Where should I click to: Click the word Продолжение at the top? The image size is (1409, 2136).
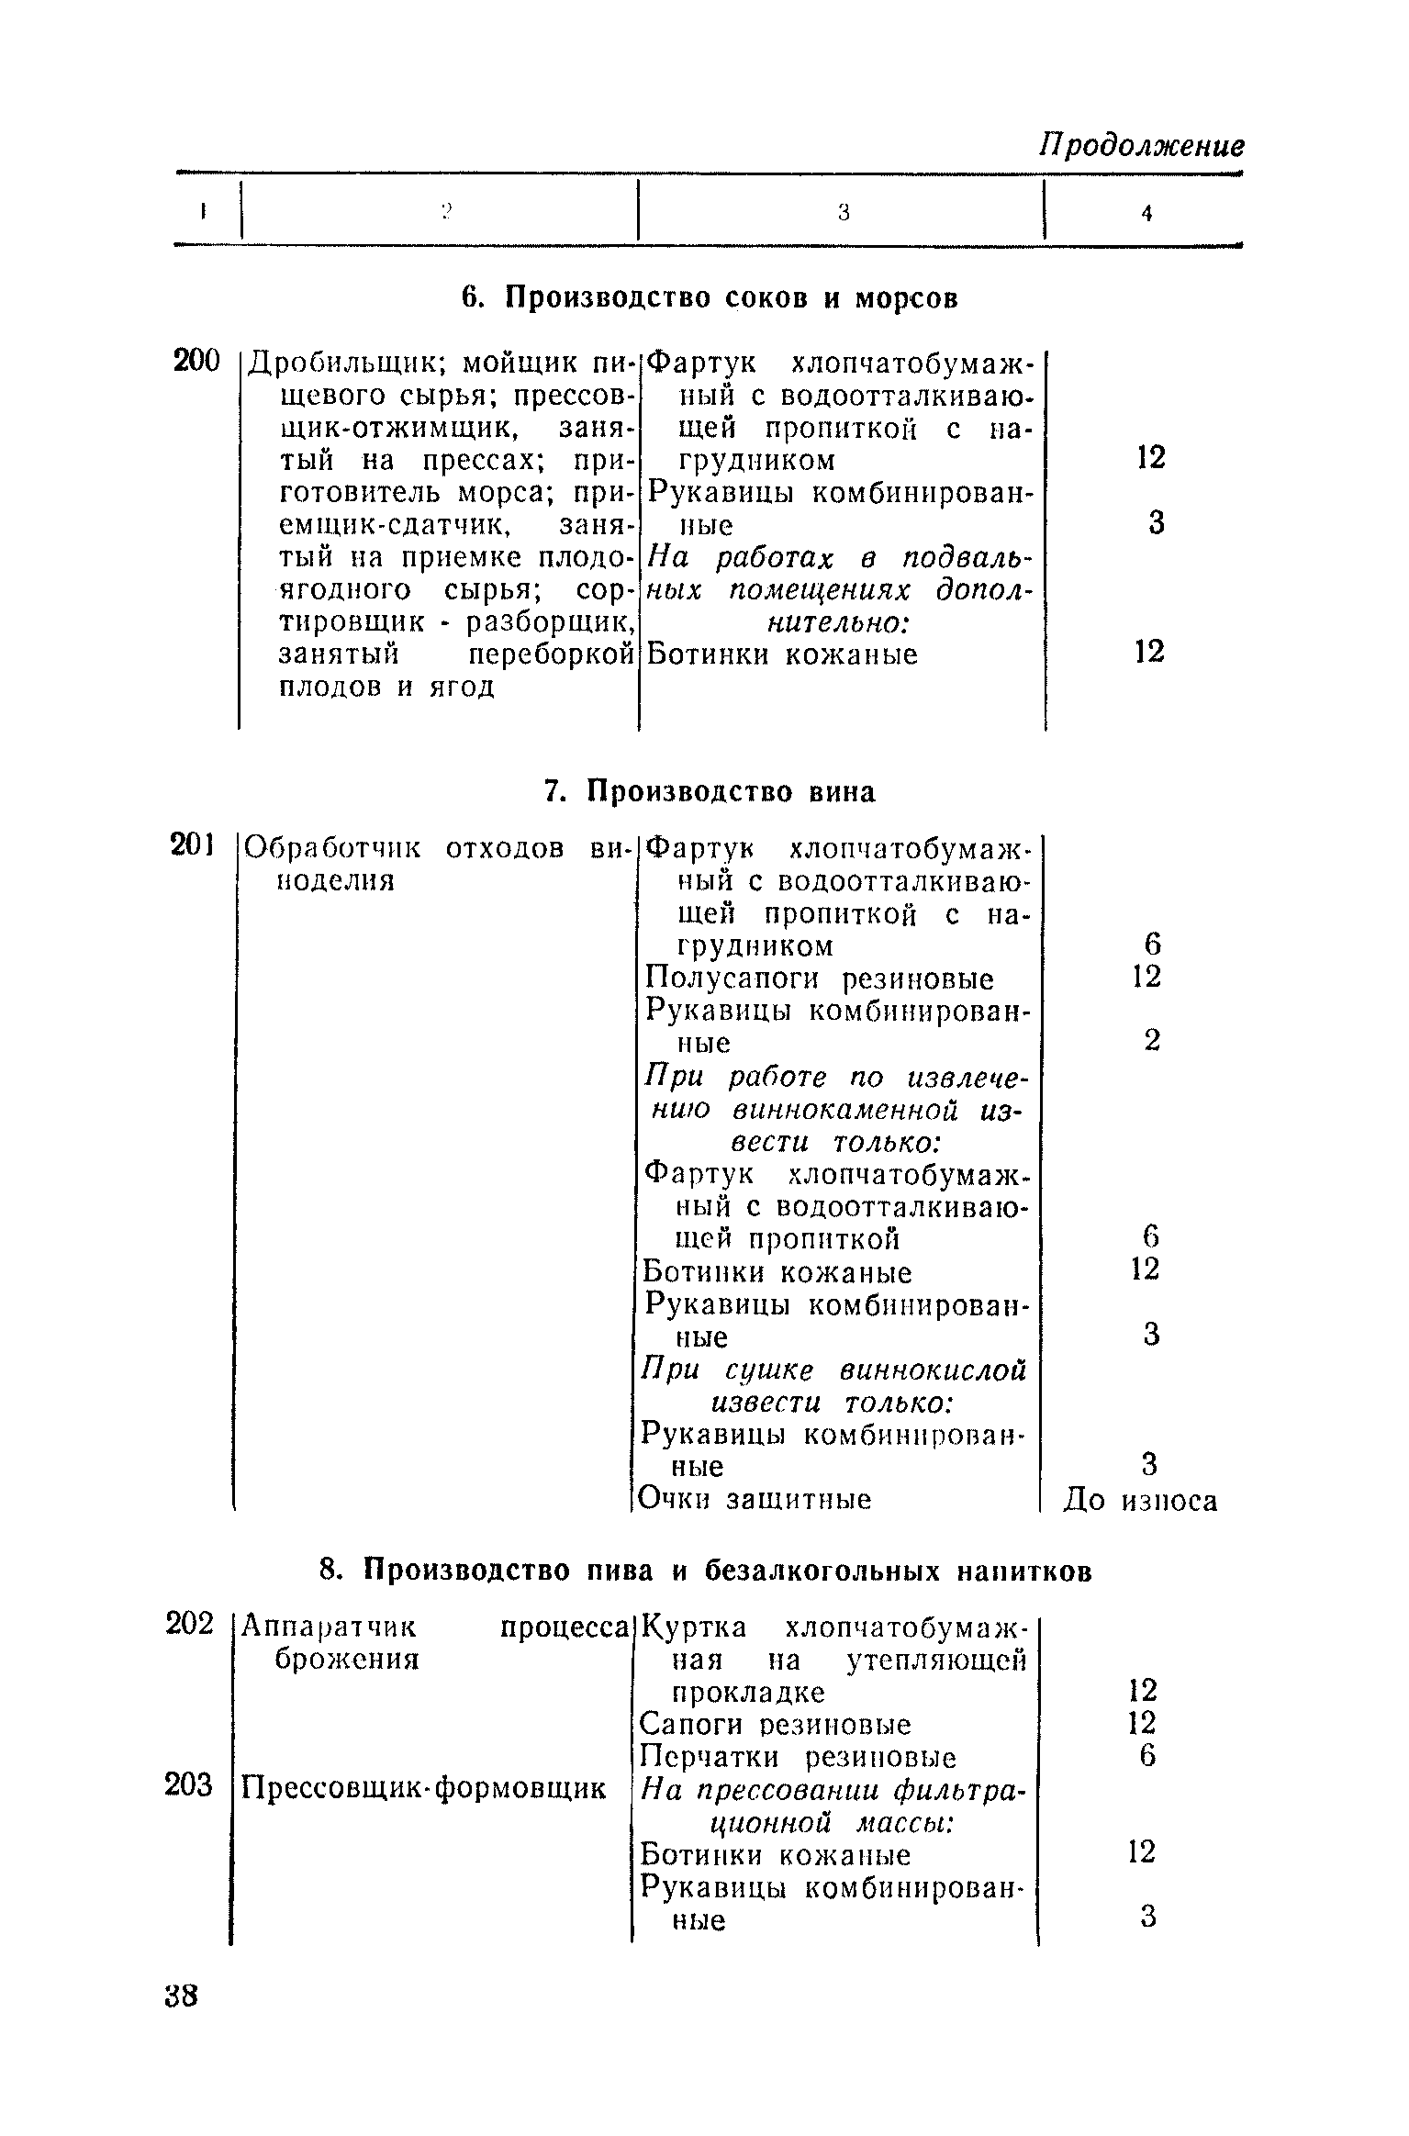1141,146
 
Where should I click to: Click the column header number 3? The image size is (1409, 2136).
844,213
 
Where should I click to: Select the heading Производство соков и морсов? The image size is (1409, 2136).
709,298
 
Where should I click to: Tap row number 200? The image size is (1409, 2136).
197,362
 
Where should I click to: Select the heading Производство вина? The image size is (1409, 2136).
710,791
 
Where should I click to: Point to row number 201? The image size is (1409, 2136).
193,844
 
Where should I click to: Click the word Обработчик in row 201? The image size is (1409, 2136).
334,847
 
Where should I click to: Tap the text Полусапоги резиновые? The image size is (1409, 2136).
820,979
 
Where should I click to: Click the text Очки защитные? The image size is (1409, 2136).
755,1499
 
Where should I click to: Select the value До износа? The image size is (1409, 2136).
1140,1501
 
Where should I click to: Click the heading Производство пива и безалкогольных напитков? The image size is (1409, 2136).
706,1571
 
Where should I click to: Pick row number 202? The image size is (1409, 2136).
190,1623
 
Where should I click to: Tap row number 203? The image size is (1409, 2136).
189,1785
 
